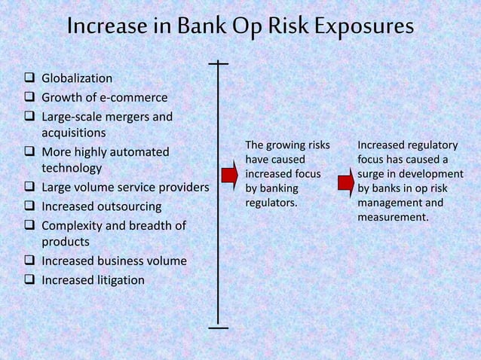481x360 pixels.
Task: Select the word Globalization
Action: click(x=77, y=78)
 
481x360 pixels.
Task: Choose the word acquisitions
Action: click(x=73, y=133)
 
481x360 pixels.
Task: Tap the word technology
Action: click(x=72, y=168)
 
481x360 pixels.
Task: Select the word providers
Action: click(x=181, y=187)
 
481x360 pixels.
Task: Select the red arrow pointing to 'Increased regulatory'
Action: click(x=345, y=182)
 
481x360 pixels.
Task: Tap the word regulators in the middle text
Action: click(x=271, y=203)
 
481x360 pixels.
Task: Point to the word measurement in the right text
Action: click(x=393, y=218)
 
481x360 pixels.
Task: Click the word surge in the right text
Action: click(x=372, y=174)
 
